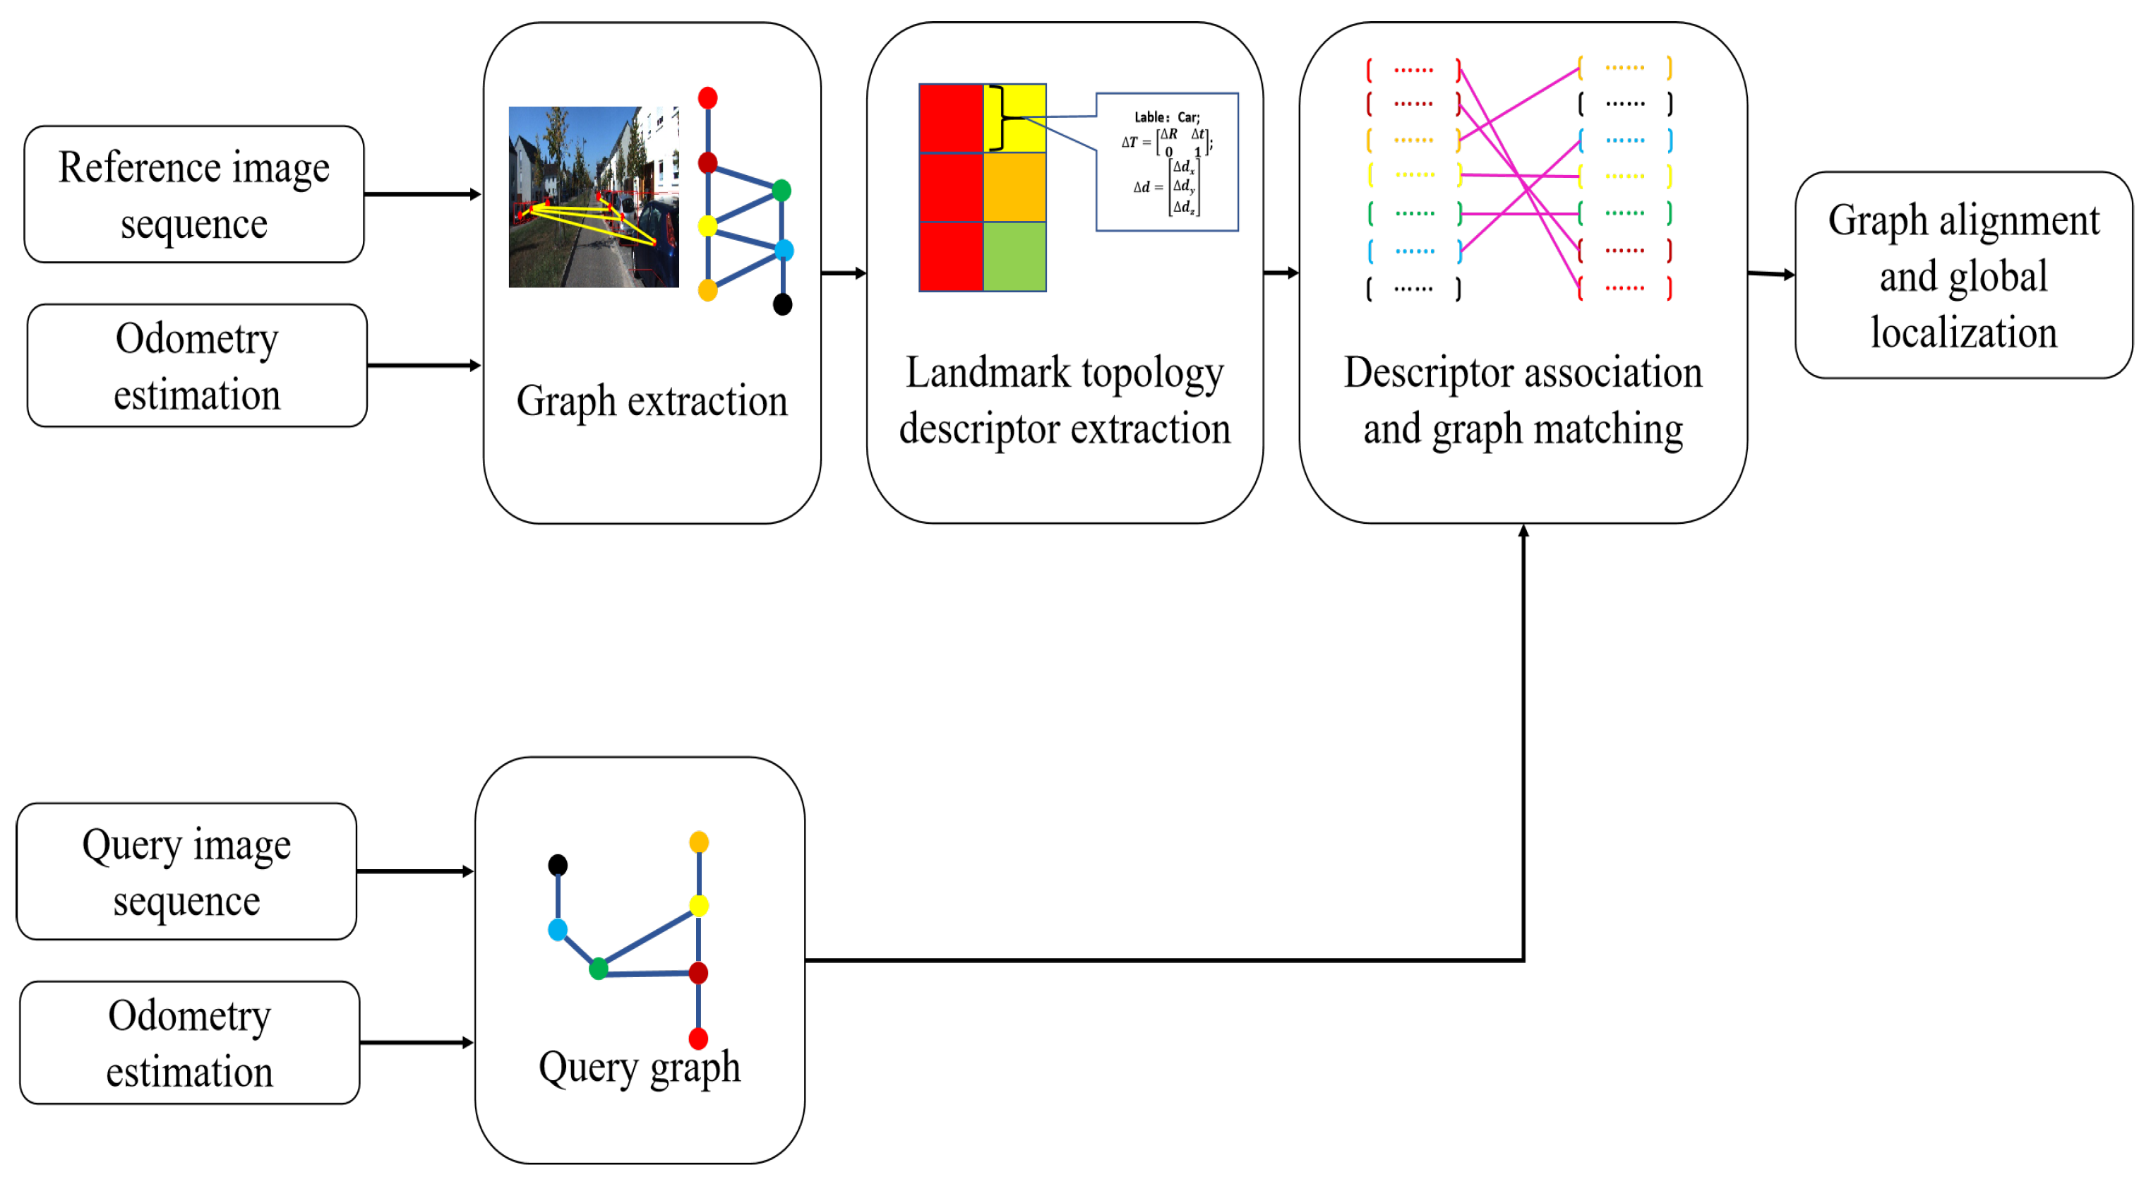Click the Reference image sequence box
click(x=193, y=195)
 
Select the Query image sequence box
click(x=186, y=872)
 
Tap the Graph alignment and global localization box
click(x=1963, y=275)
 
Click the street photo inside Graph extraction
click(x=593, y=197)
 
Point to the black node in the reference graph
click(x=782, y=305)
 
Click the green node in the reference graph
click(x=781, y=191)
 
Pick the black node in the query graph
click(x=558, y=865)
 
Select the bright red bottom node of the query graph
click(x=699, y=1039)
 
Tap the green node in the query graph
click(x=599, y=969)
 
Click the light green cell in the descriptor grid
click(x=1014, y=256)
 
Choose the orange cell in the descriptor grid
click(x=1014, y=187)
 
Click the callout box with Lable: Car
click(x=1166, y=162)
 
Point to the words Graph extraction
click(x=652, y=402)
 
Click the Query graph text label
click(x=639, y=1068)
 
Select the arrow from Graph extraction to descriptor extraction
click(x=844, y=273)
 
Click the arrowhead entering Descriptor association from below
click(x=1524, y=532)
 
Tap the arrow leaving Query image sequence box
click(x=415, y=872)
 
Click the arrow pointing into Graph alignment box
click(x=1772, y=274)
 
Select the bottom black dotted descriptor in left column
click(x=1413, y=289)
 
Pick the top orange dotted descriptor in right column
click(x=1625, y=68)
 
